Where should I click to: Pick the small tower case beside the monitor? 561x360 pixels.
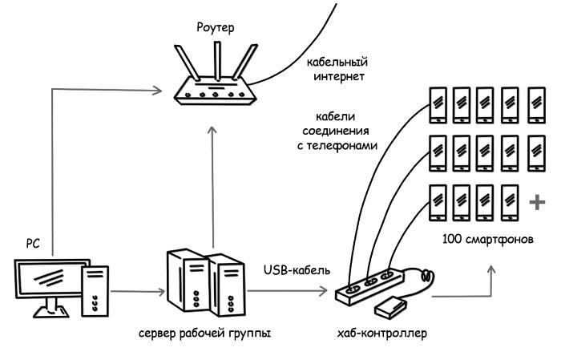pyautogui.click(x=95, y=290)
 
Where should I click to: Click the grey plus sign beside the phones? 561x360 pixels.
pyautogui.click(x=536, y=202)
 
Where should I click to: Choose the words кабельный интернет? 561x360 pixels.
pyautogui.click(x=336, y=70)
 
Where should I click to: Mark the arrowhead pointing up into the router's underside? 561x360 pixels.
pyautogui.click(x=212, y=129)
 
